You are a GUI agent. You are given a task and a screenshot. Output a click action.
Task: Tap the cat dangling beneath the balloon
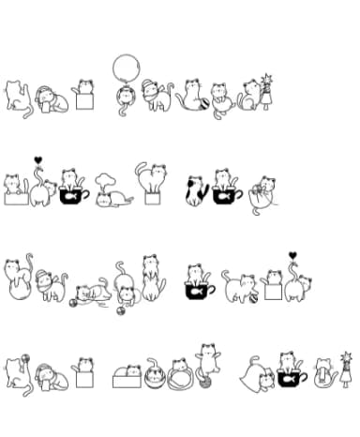click(x=127, y=97)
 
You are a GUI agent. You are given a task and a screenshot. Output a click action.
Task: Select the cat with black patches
click(x=196, y=190)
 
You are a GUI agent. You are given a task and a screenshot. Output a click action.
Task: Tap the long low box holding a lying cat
click(x=125, y=379)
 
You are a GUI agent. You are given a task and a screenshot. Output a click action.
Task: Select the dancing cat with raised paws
click(x=207, y=358)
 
